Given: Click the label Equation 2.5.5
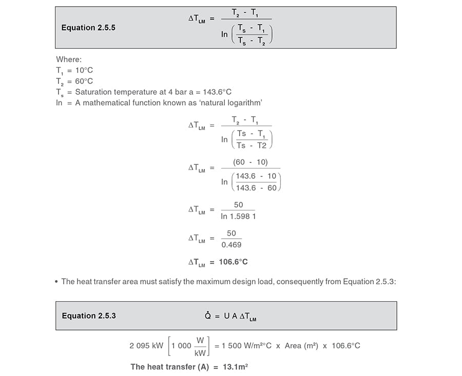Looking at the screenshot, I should [x=88, y=28].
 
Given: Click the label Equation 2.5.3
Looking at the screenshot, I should [x=89, y=316].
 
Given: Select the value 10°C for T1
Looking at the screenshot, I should [x=84, y=70].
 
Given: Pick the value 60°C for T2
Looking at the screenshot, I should [x=84, y=81].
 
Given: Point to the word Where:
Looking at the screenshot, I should [x=69, y=59].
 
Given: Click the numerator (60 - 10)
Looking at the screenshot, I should [x=250, y=162].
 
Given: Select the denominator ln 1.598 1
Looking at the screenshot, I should [x=238, y=216].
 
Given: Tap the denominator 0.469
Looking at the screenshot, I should [x=231, y=245].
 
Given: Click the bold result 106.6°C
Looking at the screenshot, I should [x=233, y=262].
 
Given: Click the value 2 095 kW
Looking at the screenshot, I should [x=146, y=345].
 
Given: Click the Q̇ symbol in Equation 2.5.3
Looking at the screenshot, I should [x=208, y=316].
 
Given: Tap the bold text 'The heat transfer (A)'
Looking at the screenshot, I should [x=170, y=367].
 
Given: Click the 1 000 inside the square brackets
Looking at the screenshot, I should [x=181, y=346].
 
